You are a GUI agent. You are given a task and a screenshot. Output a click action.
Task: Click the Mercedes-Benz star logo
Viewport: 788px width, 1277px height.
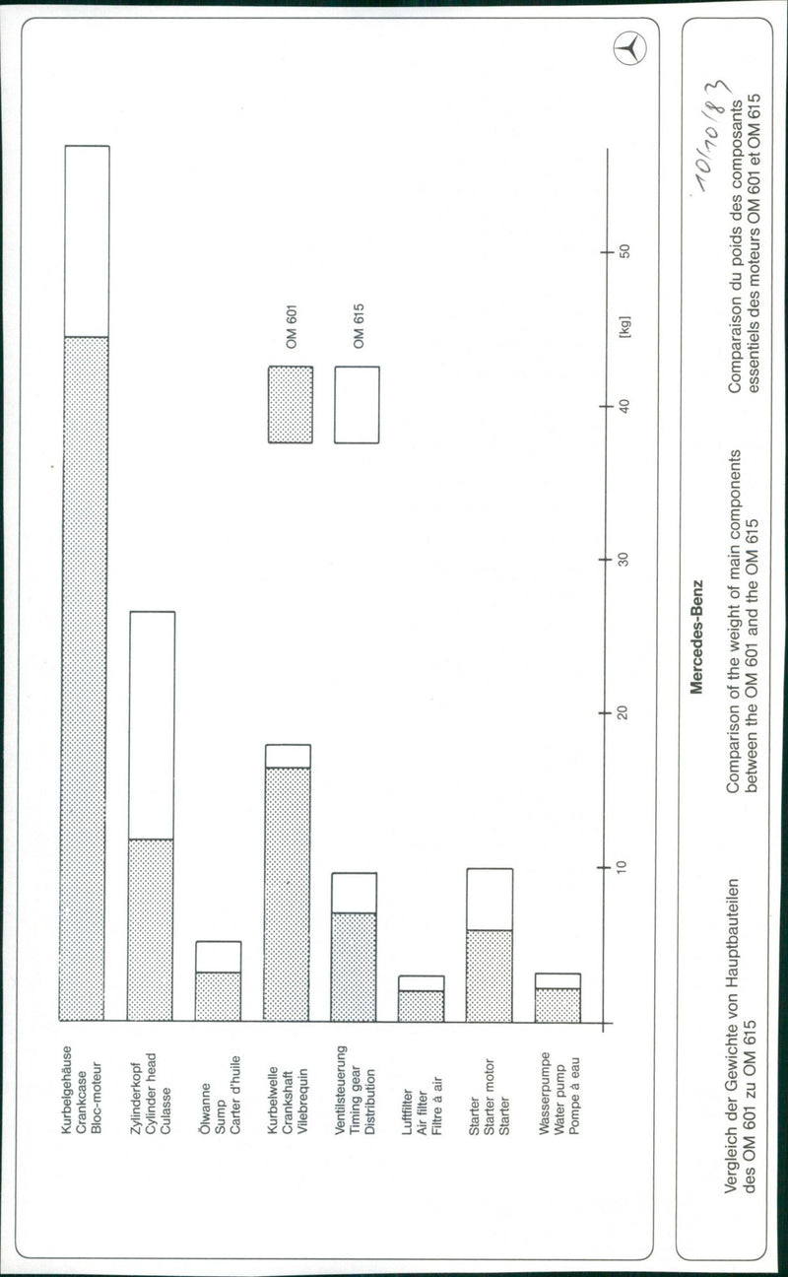pyautogui.click(x=628, y=48)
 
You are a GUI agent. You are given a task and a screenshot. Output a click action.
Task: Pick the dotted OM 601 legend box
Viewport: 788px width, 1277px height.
pyautogui.click(x=291, y=405)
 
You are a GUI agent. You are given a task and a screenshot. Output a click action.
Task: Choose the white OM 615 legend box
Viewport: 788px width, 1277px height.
pyautogui.click(x=357, y=405)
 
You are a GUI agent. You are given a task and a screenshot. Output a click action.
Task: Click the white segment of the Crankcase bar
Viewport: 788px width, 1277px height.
pyautogui.click(x=87, y=241)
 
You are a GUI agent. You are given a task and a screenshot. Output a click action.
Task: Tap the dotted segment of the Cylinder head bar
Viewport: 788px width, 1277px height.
pyautogui.click(x=151, y=929)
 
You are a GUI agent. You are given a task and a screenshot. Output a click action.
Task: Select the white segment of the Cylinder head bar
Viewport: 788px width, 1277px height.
pyautogui.click(x=151, y=725)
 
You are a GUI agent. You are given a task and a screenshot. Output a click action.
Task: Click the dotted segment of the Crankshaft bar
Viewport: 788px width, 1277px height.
pyautogui.click(x=287, y=894)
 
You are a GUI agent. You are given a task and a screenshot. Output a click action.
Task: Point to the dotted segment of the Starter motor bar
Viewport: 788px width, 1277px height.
pyautogui.click(x=490, y=975)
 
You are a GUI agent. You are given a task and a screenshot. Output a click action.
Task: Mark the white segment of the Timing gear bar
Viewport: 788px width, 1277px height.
pyautogui.click(x=354, y=893)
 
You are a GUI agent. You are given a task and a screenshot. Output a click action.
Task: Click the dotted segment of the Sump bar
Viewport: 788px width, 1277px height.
pyautogui.click(x=218, y=996)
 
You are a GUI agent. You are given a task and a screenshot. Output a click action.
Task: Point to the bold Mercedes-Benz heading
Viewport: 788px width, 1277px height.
pyautogui.click(x=696, y=638)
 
